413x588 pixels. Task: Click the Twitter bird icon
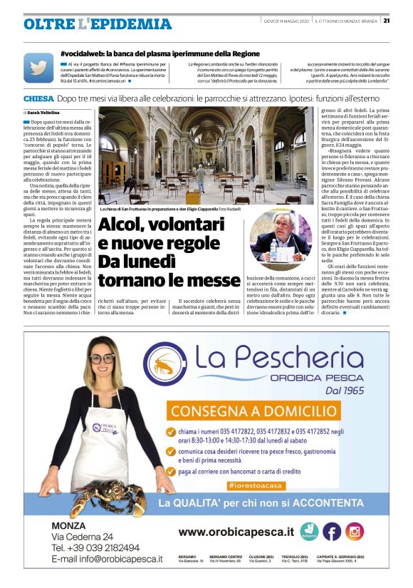pos(38,68)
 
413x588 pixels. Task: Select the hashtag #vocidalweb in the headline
pos(83,53)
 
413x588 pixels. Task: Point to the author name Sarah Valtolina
pos(44,113)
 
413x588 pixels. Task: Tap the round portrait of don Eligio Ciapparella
pos(279,236)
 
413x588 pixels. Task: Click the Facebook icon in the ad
pos(332,531)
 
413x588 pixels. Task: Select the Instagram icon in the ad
pos(354,531)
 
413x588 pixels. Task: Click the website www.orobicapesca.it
pos(236,532)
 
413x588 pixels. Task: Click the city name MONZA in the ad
pos(69,526)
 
